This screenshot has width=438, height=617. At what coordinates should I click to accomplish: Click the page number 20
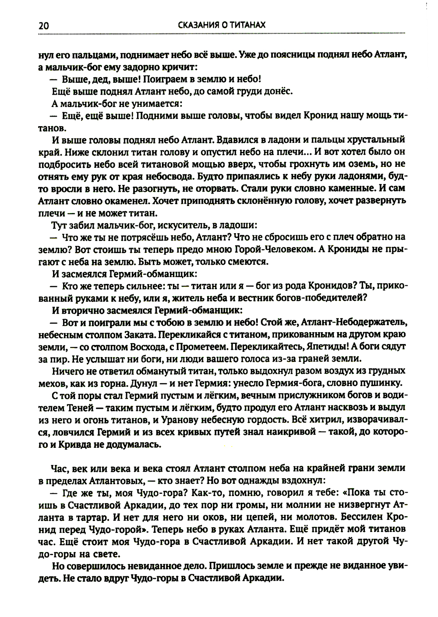pos(43,26)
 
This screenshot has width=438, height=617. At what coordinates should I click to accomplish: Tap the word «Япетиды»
pos(325,346)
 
